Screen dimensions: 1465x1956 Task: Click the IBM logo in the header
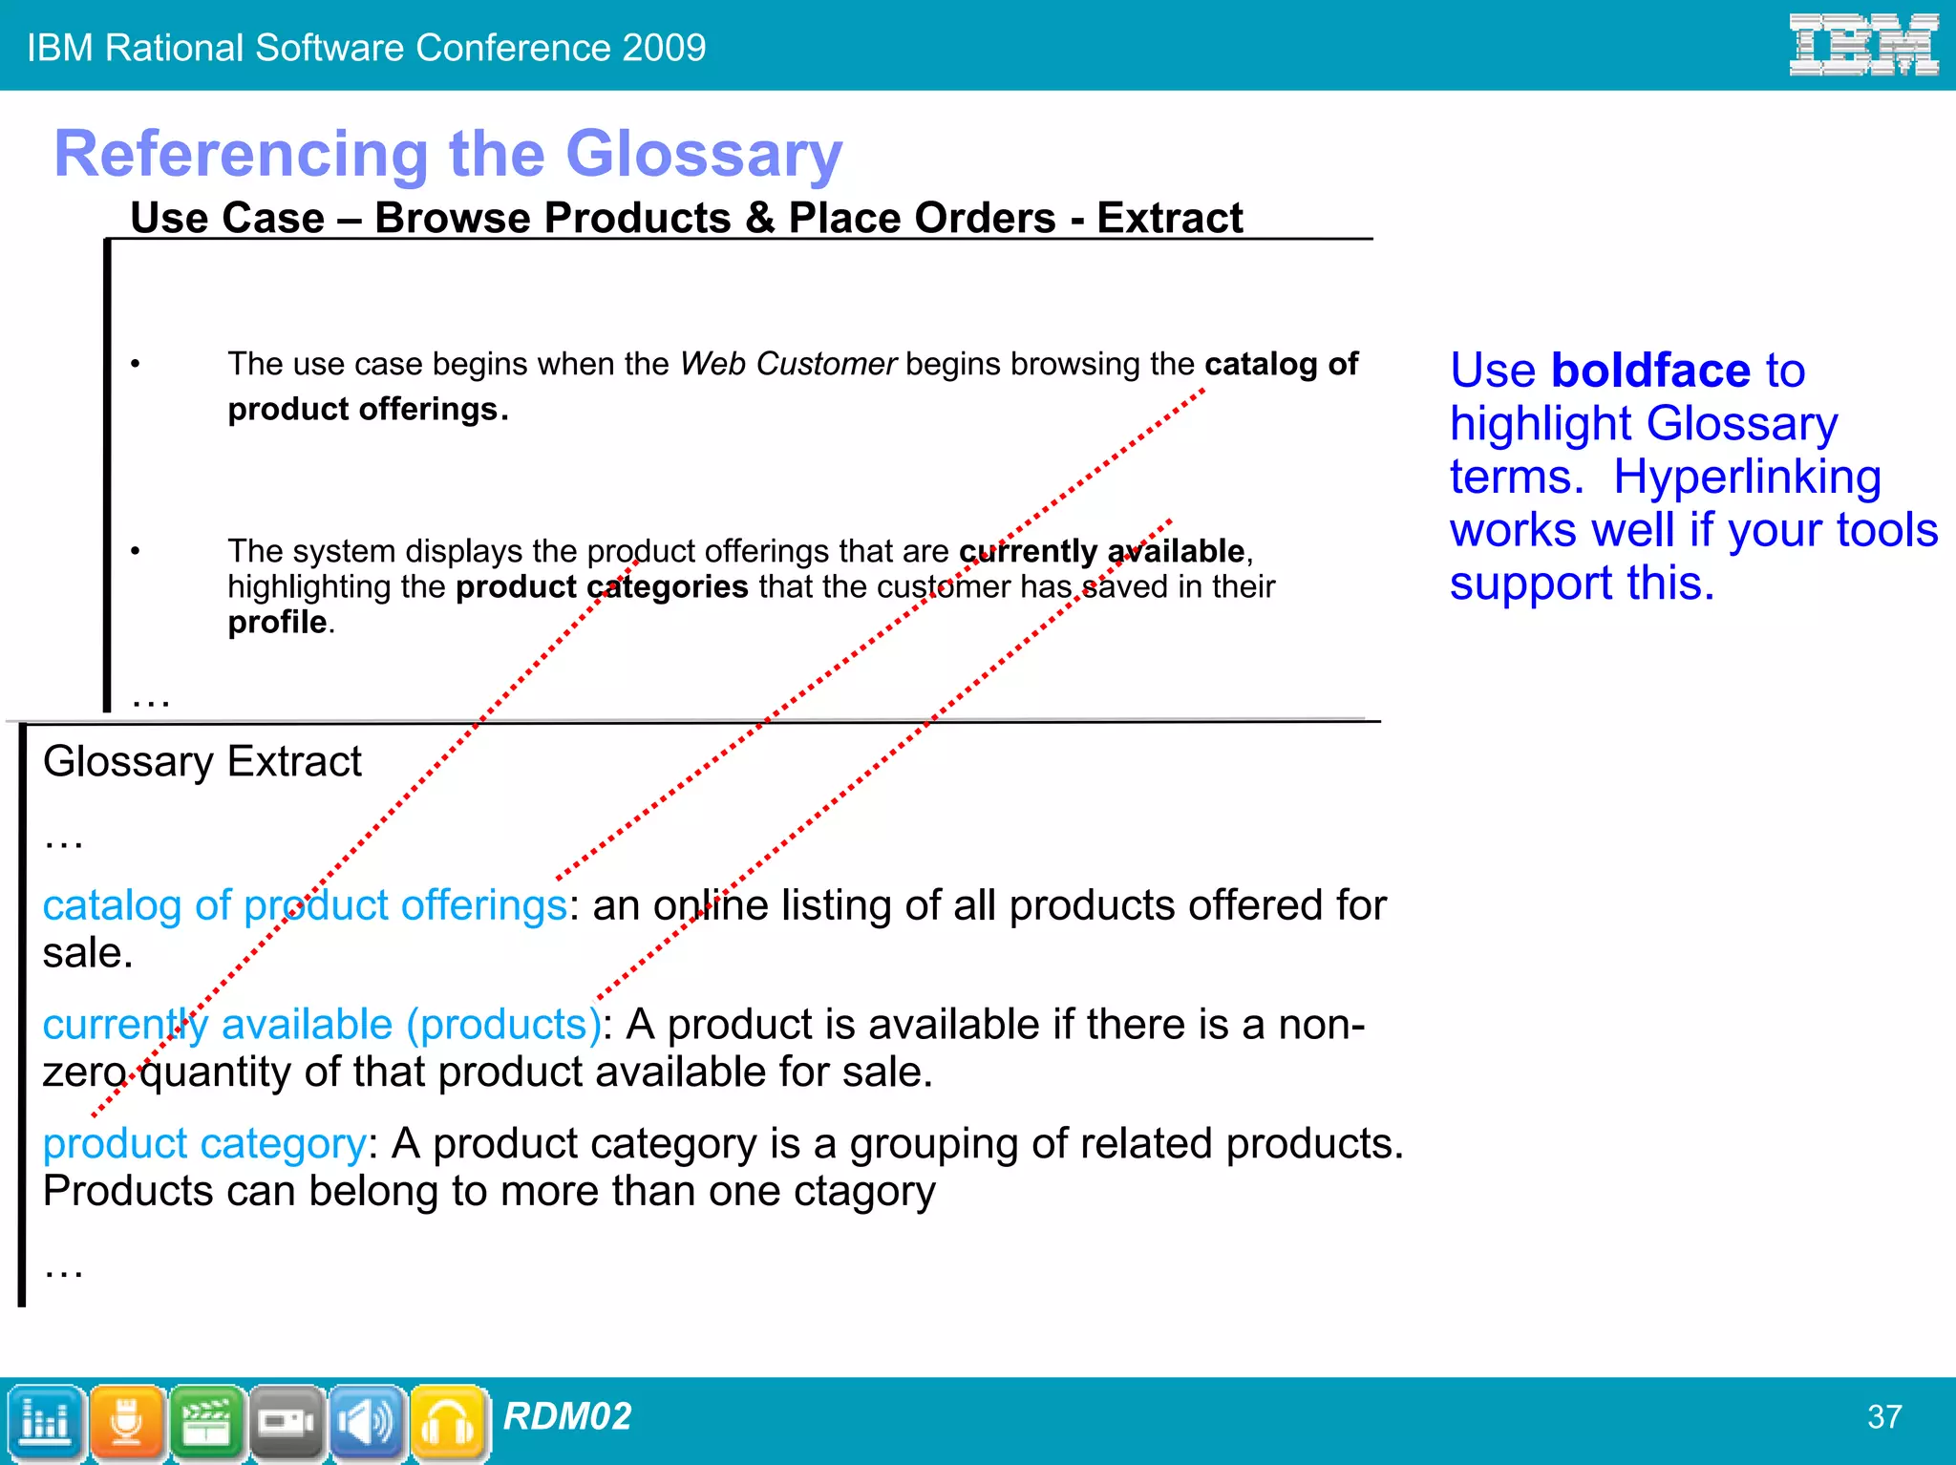(1862, 45)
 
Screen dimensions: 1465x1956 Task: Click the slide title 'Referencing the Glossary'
(448, 154)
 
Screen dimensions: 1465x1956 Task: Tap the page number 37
(1884, 1416)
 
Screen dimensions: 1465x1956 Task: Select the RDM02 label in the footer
(567, 1416)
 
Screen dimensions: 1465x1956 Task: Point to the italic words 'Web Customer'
(788, 364)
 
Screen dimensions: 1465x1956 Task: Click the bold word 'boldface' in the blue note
(1650, 370)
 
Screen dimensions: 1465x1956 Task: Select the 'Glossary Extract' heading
(202, 762)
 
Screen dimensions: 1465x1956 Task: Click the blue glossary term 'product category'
(204, 1144)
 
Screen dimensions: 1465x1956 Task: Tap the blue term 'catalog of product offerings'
(305, 905)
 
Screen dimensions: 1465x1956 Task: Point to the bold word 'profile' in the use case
(277, 622)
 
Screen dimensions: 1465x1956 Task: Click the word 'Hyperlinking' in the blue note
(1747, 477)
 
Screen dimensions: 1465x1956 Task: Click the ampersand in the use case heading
(760, 218)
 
